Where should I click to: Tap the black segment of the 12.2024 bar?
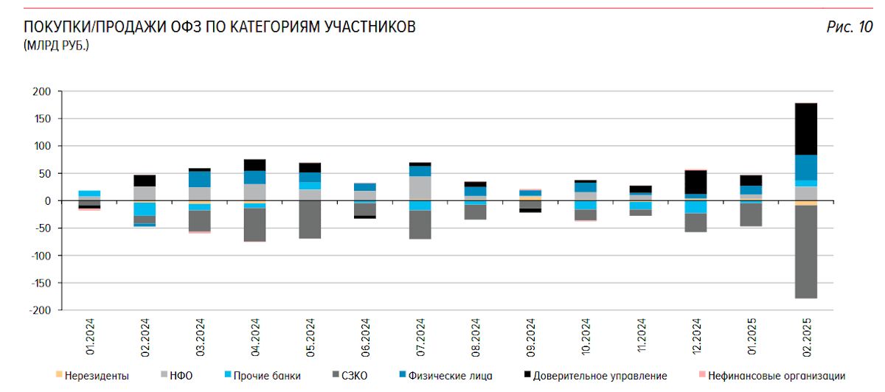(x=695, y=182)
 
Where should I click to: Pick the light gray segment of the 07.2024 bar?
(x=420, y=188)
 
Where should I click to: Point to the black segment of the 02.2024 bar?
(x=145, y=181)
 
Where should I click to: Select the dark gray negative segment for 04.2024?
(x=254, y=224)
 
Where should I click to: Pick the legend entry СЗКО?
(x=353, y=376)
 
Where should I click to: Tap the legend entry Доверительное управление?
(x=600, y=376)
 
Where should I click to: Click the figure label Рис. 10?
(x=850, y=28)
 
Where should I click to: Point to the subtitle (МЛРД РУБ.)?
(x=56, y=46)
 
